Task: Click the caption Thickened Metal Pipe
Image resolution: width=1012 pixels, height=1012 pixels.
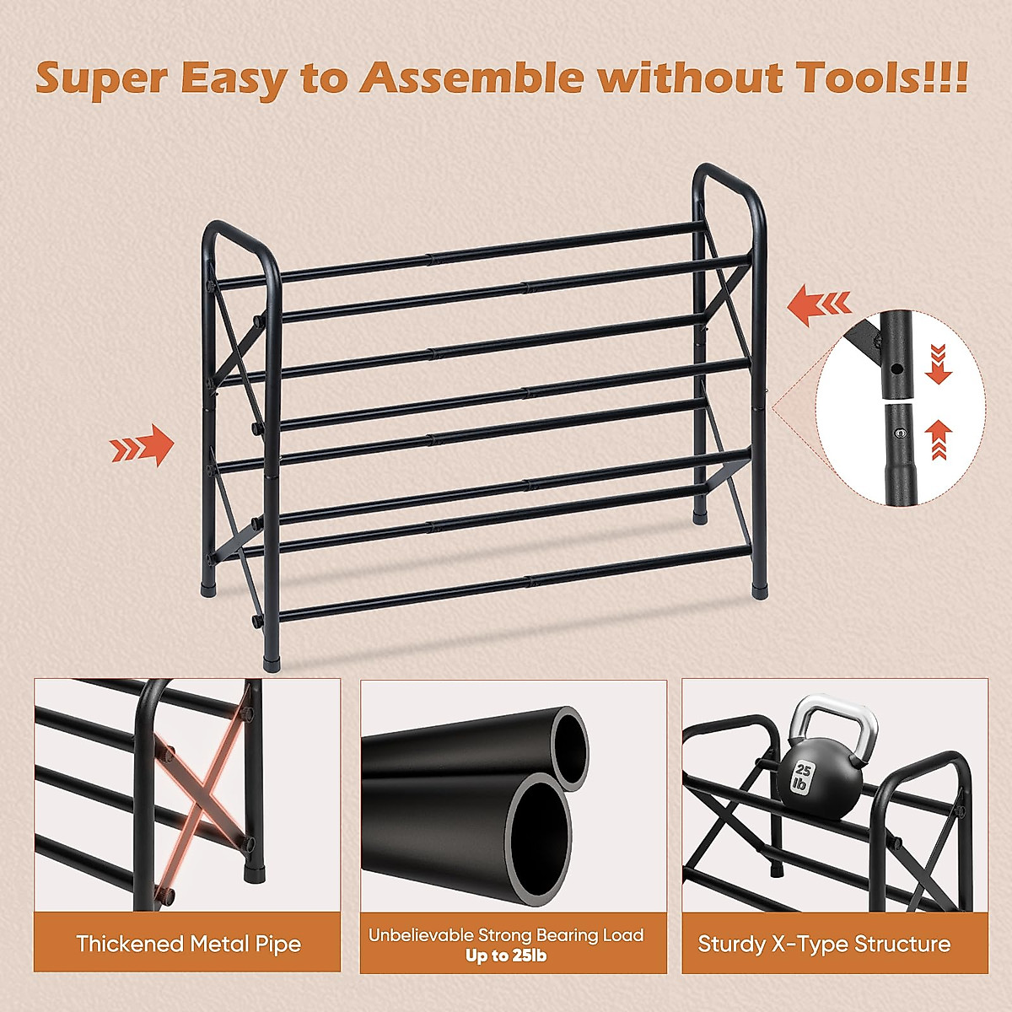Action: coord(188,944)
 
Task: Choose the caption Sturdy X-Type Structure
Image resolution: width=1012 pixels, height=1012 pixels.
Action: coord(824,944)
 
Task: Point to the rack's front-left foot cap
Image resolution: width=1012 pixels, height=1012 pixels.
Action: coord(272,658)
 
